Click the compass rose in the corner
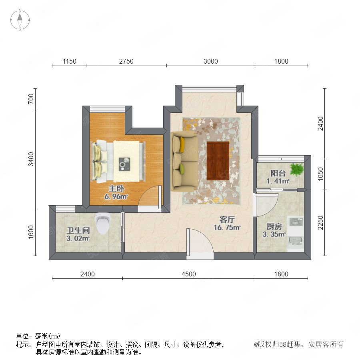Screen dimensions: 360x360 (20, 20)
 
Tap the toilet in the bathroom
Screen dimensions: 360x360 (103, 223)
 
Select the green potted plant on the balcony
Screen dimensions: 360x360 (296, 169)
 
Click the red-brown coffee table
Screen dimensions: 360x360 (218, 161)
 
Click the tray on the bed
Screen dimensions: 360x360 (124, 164)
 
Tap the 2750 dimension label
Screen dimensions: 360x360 (126, 61)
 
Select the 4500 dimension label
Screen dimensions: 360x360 (189, 274)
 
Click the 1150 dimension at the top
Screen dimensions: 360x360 (69, 61)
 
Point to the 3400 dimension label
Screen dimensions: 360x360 (31, 159)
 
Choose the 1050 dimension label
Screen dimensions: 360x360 (320, 174)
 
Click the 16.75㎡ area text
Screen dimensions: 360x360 (227, 228)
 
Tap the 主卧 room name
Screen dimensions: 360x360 (116, 188)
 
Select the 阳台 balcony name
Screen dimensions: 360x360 (278, 173)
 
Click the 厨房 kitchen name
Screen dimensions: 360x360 (274, 226)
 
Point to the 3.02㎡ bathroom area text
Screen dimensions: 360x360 (78, 238)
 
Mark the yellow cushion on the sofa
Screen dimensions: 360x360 (182, 144)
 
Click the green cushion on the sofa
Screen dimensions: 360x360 (182, 169)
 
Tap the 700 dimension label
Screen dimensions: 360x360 (31, 99)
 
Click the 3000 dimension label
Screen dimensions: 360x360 (210, 61)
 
